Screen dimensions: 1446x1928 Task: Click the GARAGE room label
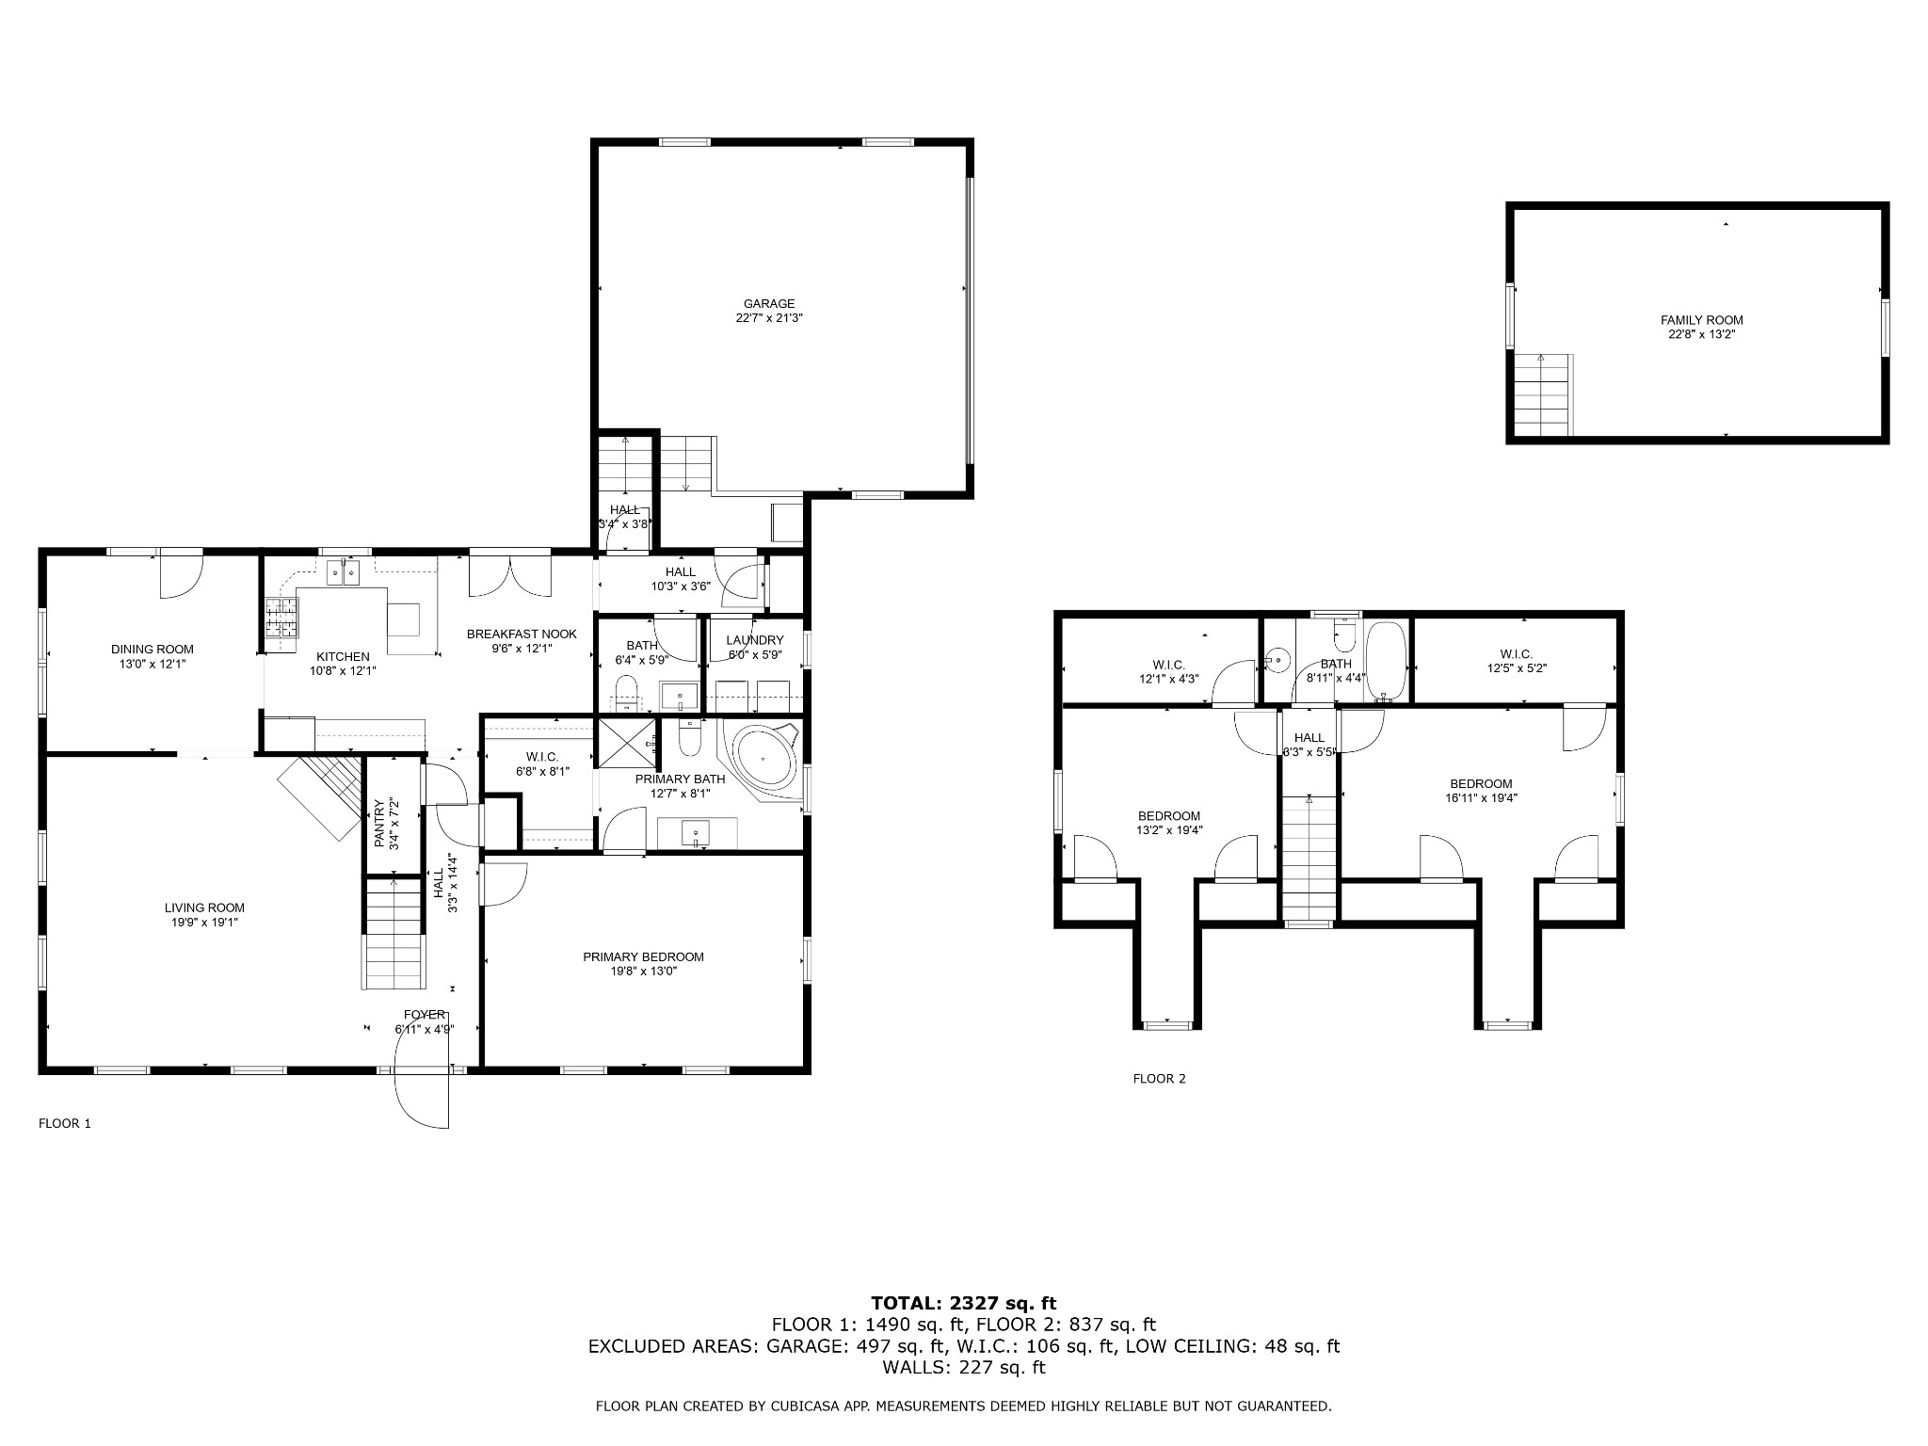coord(769,304)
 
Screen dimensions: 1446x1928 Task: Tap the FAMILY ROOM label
coord(1701,320)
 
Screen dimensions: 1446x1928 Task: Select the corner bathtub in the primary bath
coord(764,759)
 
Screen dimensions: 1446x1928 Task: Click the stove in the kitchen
coord(281,619)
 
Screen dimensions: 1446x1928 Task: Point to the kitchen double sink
coord(344,572)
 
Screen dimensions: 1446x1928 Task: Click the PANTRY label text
coord(379,824)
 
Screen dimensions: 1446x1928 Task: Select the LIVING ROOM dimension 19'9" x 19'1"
coord(204,923)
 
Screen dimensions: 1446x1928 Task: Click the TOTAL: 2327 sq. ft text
coord(963,1304)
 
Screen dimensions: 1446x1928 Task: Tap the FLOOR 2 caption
coord(1159,1079)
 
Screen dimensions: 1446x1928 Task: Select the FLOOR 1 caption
coord(64,1123)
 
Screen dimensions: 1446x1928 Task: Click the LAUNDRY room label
coord(755,640)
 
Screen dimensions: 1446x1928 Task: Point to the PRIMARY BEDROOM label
coord(643,957)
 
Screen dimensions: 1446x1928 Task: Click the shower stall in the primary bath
coord(628,743)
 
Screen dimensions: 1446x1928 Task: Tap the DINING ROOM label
coord(153,650)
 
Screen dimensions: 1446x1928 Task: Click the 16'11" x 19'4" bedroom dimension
coord(1481,798)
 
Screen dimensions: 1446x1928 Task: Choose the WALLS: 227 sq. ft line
coord(963,1367)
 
